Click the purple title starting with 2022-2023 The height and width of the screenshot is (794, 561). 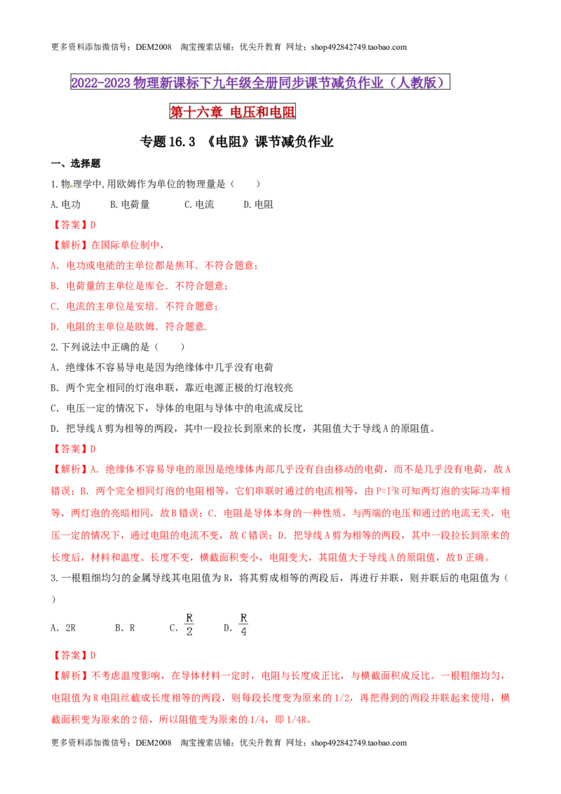(260, 83)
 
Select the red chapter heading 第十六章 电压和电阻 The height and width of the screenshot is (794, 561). (232, 112)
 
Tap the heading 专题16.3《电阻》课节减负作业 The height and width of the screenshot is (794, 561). (236, 142)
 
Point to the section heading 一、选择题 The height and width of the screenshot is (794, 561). (76, 163)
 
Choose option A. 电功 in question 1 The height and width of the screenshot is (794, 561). (66, 205)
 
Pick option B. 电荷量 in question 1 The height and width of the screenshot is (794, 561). (130, 205)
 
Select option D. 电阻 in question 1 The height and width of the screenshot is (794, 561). (259, 205)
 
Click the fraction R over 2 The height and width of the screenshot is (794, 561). (189, 625)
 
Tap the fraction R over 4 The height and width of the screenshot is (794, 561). (243, 625)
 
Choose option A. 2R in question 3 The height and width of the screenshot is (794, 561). (63, 628)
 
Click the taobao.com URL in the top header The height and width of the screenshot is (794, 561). (359, 47)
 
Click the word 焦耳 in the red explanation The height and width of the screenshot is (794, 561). (184, 265)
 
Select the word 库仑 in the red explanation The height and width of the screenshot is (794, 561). (155, 286)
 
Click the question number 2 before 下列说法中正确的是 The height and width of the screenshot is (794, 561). (54, 347)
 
